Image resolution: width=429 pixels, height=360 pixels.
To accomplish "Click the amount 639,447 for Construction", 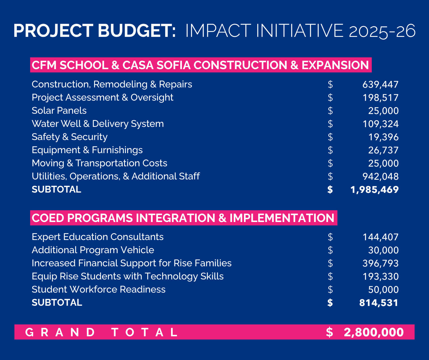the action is (x=380, y=85).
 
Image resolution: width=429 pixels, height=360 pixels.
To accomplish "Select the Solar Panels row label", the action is (x=59, y=111).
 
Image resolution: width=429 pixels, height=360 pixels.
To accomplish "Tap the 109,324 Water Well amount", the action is (x=380, y=124).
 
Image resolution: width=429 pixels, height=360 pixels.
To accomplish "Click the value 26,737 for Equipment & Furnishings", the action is (x=383, y=150).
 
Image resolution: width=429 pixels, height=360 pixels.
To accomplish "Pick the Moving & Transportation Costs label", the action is (x=100, y=163).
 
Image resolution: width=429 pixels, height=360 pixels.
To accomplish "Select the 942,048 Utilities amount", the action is (x=380, y=177).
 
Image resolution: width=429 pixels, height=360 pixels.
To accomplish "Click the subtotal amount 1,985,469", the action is (x=374, y=190).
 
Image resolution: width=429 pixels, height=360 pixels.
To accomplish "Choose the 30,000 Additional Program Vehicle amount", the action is (x=383, y=250).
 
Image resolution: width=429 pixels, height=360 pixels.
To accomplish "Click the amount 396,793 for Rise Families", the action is (x=380, y=263).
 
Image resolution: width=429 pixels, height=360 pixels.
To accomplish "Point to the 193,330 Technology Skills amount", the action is (x=380, y=277).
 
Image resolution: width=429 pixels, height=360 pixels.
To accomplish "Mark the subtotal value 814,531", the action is (x=379, y=303).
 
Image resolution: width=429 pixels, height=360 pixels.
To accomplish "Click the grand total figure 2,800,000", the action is (x=374, y=332).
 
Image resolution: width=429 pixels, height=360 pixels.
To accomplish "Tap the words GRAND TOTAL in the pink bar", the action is (x=101, y=332).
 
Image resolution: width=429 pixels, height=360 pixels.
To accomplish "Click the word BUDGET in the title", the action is (x=137, y=31).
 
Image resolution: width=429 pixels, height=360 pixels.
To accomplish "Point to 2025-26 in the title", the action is (x=382, y=31).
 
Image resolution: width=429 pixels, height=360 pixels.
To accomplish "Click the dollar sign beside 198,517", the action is (x=330, y=98).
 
